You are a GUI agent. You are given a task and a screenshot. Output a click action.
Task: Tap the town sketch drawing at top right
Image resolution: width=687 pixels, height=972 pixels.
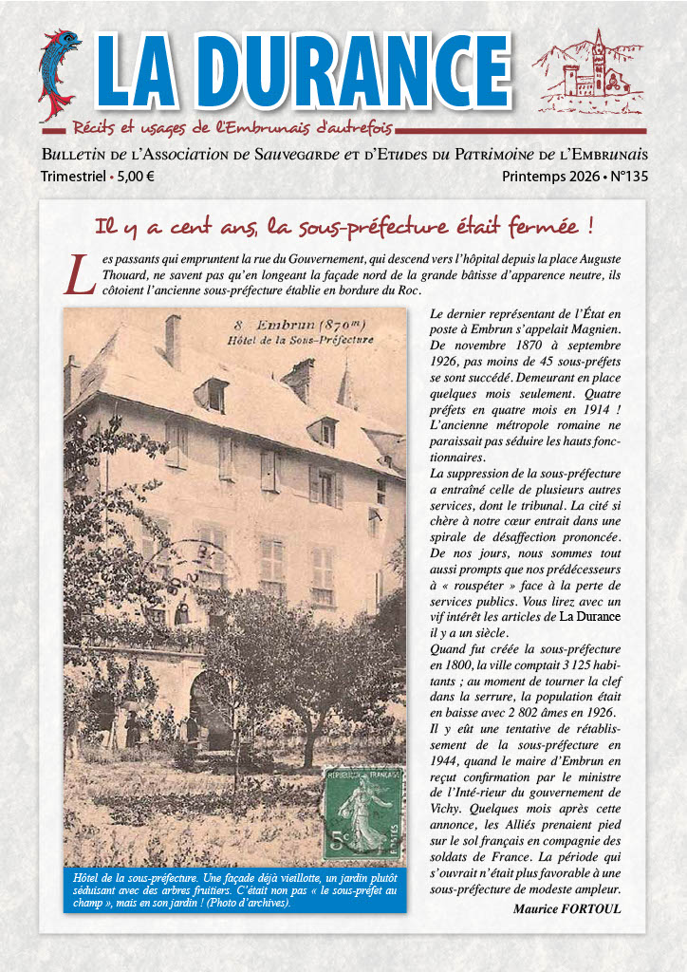click(x=588, y=72)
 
